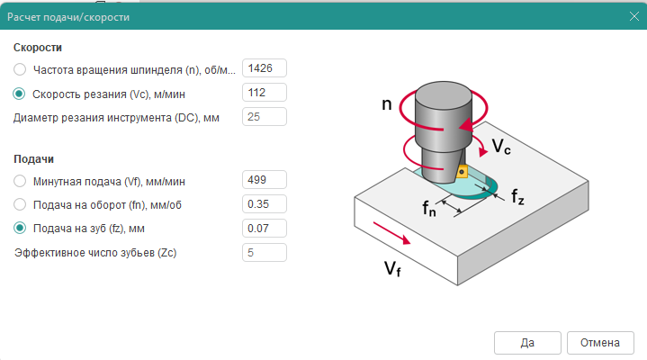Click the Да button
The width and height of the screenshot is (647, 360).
[527, 342]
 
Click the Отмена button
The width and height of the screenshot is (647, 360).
[600, 342]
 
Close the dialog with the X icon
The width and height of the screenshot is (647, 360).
[632, 17]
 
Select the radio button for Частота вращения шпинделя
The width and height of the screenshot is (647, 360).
[20, 69]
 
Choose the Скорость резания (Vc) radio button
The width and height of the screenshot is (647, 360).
[20, 93]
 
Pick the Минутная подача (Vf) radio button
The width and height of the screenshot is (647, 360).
[20, 181]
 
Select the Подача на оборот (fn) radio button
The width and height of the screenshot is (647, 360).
[20, 204]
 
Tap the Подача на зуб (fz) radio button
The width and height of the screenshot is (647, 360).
[20, 228]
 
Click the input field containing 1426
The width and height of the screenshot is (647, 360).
[264, 69]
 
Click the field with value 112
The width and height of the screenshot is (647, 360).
[264, 93]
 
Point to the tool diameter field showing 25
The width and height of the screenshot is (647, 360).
[264, 117]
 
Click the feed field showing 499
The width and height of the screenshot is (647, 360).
[264, 181]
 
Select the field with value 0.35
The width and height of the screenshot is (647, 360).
[264, 204]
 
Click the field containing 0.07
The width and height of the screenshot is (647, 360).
[264, 228]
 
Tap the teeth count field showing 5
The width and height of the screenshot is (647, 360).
[264, 252]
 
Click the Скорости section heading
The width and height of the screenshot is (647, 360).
[37, 47]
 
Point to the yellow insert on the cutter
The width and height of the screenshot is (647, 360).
[460, 170]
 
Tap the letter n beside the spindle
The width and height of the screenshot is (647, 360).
[387, 103]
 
